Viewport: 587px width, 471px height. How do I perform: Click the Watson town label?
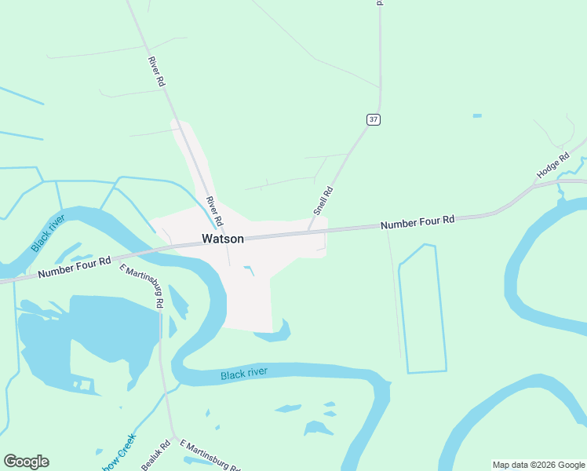tap(223, 239)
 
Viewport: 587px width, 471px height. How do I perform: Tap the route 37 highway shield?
tap(374, 119)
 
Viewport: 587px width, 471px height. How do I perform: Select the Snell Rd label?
tap(323, 201)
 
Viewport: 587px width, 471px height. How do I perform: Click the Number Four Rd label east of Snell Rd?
tap(417, 223)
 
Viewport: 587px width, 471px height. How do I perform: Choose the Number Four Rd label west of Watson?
tap(75, 267)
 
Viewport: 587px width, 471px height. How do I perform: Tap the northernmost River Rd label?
tap(157, 71)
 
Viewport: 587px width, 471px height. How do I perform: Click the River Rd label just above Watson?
tap(214, 211)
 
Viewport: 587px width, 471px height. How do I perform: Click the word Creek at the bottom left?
tap(128, 447)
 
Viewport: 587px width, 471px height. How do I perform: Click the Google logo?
tap(26, 462)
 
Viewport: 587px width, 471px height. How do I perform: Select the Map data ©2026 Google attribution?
tap(539, 465)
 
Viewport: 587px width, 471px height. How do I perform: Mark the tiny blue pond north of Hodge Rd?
tap(477, 116)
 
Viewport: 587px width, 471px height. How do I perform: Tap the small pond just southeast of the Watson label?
tap(250, 271)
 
